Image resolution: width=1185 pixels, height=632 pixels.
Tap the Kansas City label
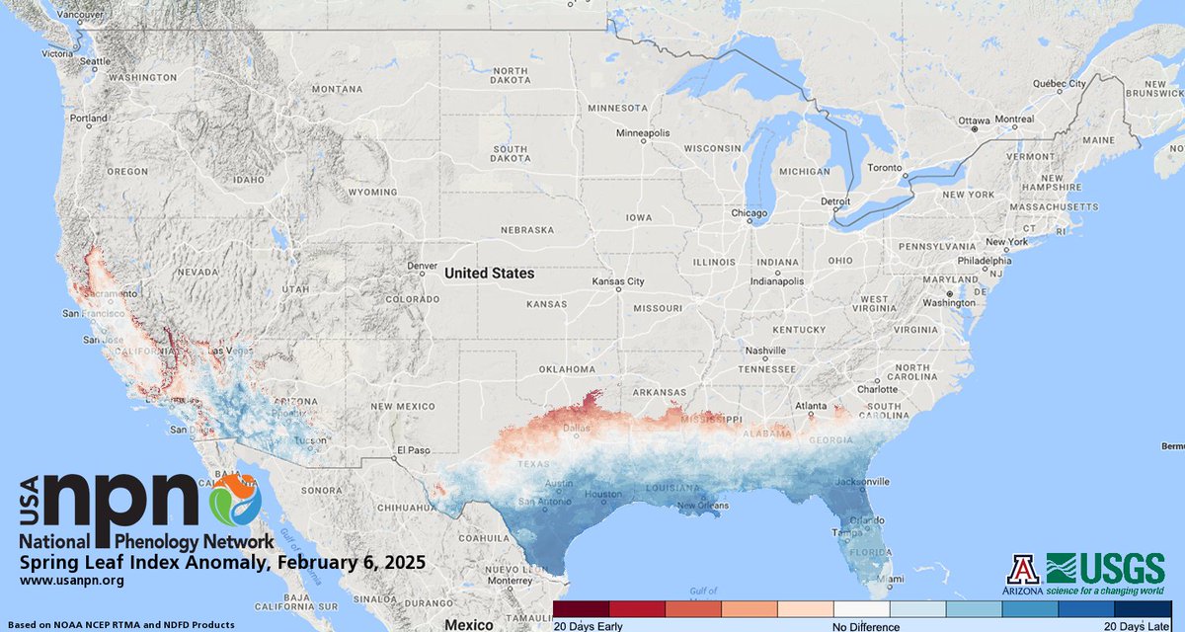pyautogui.click(x=618, y=281)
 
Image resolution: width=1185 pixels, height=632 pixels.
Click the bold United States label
pyautogui.click(x=489, y=273)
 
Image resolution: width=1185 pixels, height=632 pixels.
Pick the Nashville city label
pyautogui.click(x=765, y=351)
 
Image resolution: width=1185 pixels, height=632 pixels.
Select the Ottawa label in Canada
pyautogui.click(x=975, y=119)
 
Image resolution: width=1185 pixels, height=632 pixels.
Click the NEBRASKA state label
pyautogui.click(x=527, y=229)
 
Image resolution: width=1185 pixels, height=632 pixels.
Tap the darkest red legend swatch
pyautogui.click(x=581, y=609)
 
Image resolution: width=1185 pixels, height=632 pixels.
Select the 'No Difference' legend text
pyautogui.click(x=865, y=626)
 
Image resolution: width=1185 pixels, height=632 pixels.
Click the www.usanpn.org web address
pyautogui.click(x=71, y=581)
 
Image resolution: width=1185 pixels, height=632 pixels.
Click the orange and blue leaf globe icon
pyautogui.click(x=235, y=499)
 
